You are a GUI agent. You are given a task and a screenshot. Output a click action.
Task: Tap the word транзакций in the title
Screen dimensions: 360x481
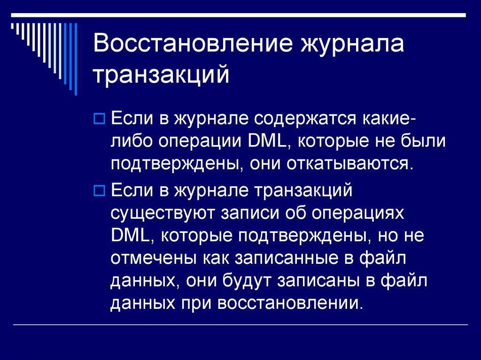[x=162, y=75]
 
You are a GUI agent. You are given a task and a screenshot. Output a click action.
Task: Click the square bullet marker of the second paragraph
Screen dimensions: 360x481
[x=99, y=191]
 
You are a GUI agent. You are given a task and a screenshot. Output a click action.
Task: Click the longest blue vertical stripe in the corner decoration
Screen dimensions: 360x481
[x=75, y=56]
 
